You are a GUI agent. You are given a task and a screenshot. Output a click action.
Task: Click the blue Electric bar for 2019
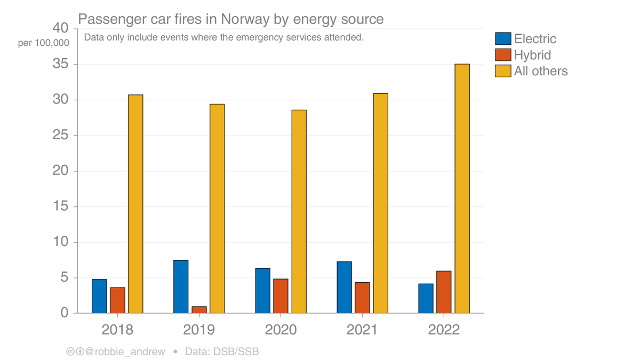(181, 286)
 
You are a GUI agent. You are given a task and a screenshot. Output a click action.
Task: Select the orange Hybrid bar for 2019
(199, 310)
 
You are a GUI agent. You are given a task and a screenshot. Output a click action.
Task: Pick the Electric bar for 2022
(426, 298)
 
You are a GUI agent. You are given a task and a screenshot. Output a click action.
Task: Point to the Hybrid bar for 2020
(281, 296)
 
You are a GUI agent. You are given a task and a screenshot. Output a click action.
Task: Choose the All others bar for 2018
(135, 204)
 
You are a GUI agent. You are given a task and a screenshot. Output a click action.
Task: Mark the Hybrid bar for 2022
(444, 292)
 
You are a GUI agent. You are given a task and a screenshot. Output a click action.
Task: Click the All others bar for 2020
(299, 211)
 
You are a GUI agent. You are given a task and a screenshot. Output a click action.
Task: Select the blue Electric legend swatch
(503, 38)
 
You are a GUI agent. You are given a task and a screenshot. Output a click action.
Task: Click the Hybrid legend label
(532, 54)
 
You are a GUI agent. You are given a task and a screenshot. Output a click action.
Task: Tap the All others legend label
(541, 71)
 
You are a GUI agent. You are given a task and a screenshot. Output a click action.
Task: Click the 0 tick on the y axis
(65, 313)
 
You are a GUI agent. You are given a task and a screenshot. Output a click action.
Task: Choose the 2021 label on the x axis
(362, 330)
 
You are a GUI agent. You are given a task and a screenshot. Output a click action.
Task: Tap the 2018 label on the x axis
(117, 330)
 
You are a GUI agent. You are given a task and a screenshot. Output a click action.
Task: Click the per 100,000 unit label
(43, 43)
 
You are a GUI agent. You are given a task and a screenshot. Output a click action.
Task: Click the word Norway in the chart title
(242, 19)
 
